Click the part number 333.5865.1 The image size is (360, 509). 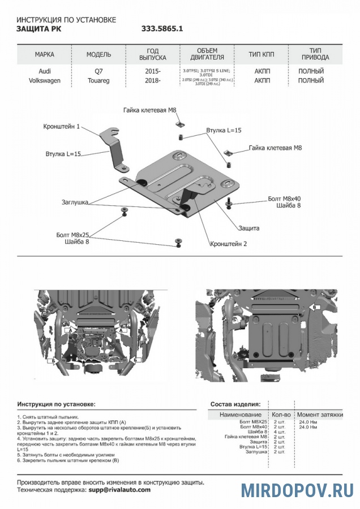click(162, 28)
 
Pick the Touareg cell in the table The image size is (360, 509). click(98, 81)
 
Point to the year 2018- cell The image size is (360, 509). click(153, 81)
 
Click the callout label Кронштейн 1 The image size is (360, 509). click(61, 126)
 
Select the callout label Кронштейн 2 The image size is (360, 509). click(229, 244)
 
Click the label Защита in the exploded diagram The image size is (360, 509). click(249, 228)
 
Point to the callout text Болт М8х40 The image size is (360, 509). click(284, 199)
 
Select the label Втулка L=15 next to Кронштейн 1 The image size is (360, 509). click(63, 153)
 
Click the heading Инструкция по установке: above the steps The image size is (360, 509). click(56, 404)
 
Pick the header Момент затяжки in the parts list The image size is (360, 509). click(320, 415)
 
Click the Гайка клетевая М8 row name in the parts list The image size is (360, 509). click(246, 437)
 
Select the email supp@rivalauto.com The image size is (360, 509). click(119, 490)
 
